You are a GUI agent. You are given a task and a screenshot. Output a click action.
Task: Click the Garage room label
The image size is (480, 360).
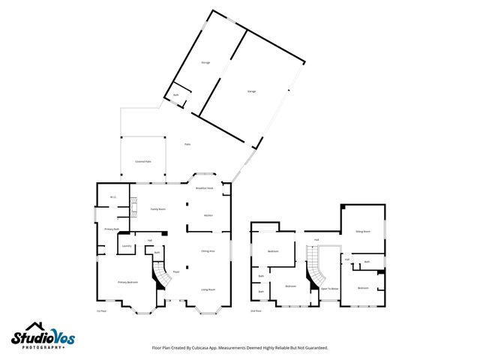(x=252, y=91)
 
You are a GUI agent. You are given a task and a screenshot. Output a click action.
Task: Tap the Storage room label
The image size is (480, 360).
(x=205, y=62)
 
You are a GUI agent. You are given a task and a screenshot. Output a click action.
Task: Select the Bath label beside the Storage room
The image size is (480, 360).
(x=176, y=95)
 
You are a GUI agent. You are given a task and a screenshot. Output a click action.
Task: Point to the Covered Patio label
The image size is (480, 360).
(x=142, y=161)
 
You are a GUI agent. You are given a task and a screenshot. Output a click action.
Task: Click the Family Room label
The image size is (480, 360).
(x=157, y=209)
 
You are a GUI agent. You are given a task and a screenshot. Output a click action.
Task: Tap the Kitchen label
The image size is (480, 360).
(x=208, y=215)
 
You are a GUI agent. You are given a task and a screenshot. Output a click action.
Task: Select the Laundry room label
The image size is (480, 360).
(x=127, y=245)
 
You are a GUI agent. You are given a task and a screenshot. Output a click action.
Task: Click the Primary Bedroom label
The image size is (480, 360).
(x=127, y=282)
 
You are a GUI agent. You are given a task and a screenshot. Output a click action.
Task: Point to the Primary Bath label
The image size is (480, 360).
(x=112, y=229)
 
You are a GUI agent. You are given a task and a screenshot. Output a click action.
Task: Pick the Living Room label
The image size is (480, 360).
(x=208, y=289)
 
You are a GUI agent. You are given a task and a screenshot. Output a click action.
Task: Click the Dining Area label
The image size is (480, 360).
(x=208, y=251)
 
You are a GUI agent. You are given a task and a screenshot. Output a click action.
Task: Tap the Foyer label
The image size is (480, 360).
(x=176, y=271)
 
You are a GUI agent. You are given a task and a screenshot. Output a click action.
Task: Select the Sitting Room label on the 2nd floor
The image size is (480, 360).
(x=363, y=232)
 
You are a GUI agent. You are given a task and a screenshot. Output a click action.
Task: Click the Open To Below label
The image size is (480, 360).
(x=329, y=288)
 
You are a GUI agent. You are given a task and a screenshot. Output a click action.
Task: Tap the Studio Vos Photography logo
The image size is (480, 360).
(x=43, y=337)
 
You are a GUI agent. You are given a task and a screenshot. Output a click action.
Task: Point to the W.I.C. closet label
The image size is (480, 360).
(x=112, y=197)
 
